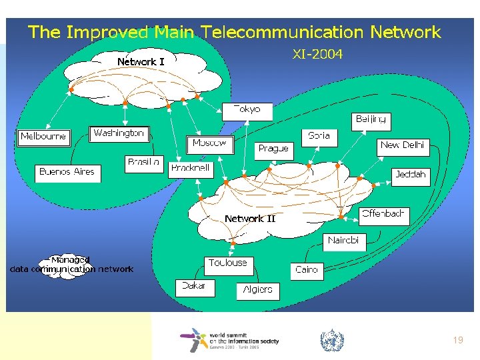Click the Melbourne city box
(43, 137)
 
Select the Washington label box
(118, 133)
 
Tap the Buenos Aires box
(67, 172)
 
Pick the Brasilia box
(143, 162)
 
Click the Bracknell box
(191, 169)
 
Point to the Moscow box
(209, 143)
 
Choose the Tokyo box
(247, 110)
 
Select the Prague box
(273, 149)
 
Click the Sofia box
(319, 136)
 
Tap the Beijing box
(371, 120)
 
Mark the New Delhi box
(402, 145)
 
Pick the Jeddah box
(410, 175)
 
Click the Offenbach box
(383, 214)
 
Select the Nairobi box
(343, 241)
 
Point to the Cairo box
(307, 270)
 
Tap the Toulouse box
(227, 263)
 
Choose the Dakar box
(195, 287)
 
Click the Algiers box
(257, 290)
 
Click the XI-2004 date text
(317, 55)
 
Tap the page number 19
(457, 340)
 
